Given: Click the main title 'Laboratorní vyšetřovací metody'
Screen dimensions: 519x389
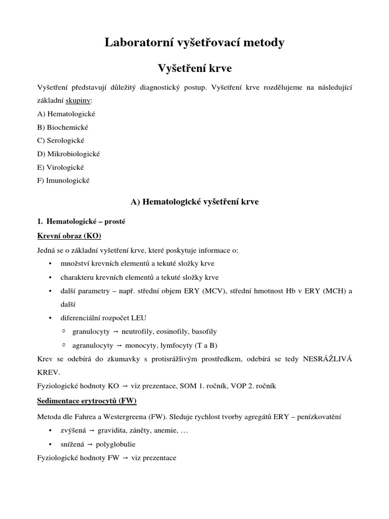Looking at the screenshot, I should tap(194, 43).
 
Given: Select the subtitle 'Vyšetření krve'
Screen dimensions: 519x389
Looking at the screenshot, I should tap(194, 67).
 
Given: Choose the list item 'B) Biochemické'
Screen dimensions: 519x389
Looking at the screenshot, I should tap(63, 127).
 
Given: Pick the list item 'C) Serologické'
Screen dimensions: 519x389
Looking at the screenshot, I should tap(61, 140).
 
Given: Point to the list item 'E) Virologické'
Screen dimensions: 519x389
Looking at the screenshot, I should tap(61, 167).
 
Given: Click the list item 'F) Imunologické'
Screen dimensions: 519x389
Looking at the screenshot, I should tap(63, 180).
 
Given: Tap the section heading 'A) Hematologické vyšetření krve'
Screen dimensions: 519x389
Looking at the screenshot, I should tap(194, 202).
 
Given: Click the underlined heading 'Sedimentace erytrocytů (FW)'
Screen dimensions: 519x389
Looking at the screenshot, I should tap(87, 400).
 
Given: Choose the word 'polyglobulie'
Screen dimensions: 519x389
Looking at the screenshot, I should tap(115, 444).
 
